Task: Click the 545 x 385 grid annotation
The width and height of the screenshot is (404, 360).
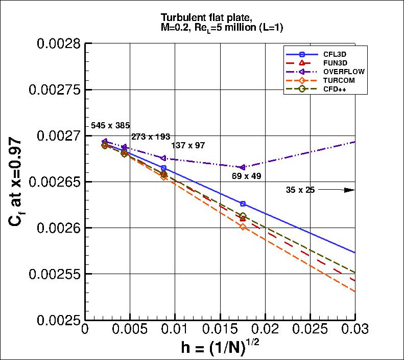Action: pyautogui.click(x=110, y=125)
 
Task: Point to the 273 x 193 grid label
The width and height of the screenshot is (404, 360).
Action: pyautogui.click(x=150, y=137)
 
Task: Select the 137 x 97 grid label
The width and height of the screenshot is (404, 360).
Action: pyautogui.click(x=188, y=145)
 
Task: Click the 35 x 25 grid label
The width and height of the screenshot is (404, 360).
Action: pyautogui.click(x=300, y=190)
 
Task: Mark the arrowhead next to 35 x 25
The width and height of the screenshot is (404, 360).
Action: pyautogui.click(x=349, y=190)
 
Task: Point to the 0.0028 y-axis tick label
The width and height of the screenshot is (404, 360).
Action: pyautogui.click(x=58, y=43)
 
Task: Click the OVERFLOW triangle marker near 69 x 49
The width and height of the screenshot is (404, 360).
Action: pyautogui.click(x=243, y=167)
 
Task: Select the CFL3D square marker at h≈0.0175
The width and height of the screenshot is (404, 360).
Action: pyautogui.click(x=243, y=204)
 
